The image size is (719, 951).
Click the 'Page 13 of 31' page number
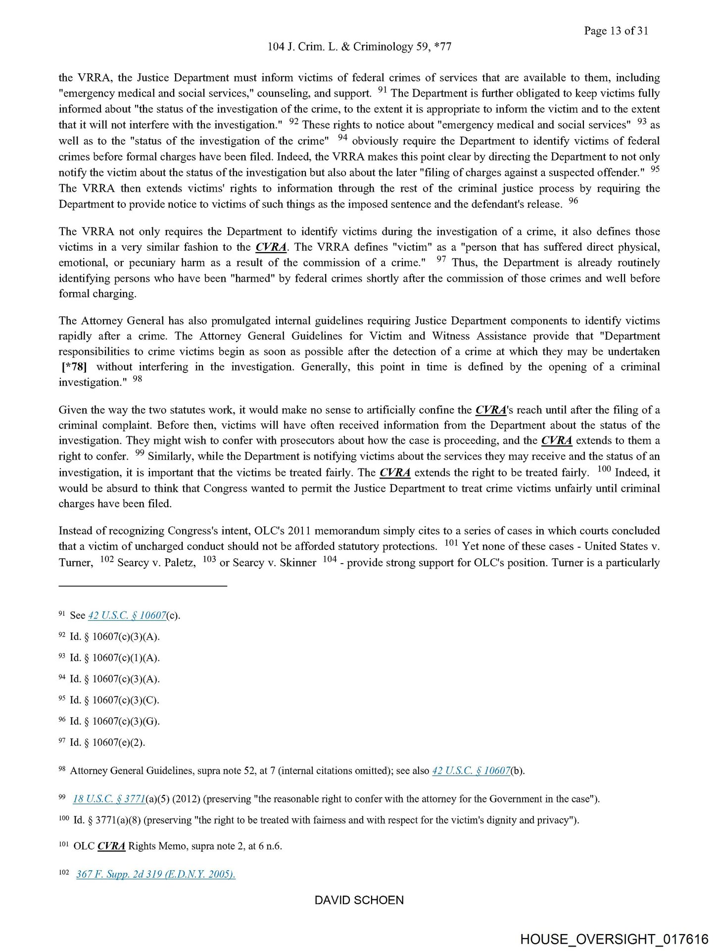pos(616,31)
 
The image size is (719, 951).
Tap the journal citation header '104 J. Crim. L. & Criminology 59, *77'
pos(359,47)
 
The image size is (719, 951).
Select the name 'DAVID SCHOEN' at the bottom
pos(359,900)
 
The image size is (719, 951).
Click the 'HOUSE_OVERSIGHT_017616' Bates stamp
pos(614,939)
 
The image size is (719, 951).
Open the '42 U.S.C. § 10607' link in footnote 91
pos(127,615)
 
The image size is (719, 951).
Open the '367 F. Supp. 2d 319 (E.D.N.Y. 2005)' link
pos(155,874)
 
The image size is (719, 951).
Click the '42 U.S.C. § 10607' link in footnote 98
pos(471,771)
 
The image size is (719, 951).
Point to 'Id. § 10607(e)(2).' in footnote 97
pos(107,742)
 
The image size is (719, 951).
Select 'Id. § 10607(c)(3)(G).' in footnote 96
pos(115,721)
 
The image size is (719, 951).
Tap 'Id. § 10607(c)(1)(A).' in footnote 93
pos(115,658)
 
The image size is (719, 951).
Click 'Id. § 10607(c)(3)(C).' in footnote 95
pos(114,700)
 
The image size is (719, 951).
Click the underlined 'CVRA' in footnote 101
pos(111,846)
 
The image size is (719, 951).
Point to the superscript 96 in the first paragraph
pos(573,201)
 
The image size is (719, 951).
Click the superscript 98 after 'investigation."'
pos(138,379)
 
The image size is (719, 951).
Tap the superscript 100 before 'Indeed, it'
pos(604,469)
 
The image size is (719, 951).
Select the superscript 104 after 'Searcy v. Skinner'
pos(330,559)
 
